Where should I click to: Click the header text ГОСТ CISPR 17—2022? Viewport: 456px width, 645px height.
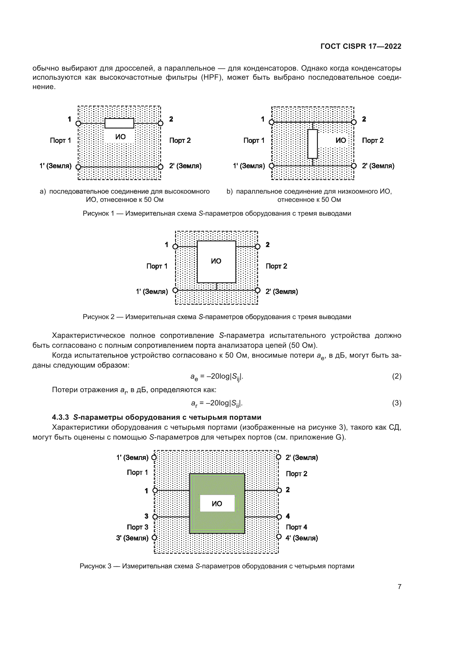click(x=361, y=46)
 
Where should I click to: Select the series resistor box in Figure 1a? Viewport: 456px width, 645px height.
click(x=119, y=123)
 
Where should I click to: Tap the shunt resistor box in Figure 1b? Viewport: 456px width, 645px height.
click(x=313, y=144)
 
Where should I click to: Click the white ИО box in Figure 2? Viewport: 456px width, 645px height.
click(x=216, y=261)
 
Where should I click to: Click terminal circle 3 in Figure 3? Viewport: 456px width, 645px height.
click(x=155, y=516)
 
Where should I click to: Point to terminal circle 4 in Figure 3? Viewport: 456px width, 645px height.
click(x=279, y=516)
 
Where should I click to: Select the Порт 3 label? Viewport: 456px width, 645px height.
click(x=137, y=527)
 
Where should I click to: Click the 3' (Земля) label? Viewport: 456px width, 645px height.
click(x=132, y=538)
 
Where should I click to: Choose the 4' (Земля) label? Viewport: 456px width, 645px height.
click(x=302, y=538)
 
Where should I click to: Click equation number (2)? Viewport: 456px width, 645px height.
click(x=396, y=376)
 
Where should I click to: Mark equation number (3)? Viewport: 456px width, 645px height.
click(x=396, y=403)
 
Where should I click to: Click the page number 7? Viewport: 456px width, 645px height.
click(x=399, y=587)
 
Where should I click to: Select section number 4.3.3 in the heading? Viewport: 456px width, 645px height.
click(x=60, y=417)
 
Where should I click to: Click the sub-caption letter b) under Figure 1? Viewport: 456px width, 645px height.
click(x=229, y=192)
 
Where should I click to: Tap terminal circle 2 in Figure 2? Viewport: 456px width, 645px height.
click(x=257, y=247)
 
